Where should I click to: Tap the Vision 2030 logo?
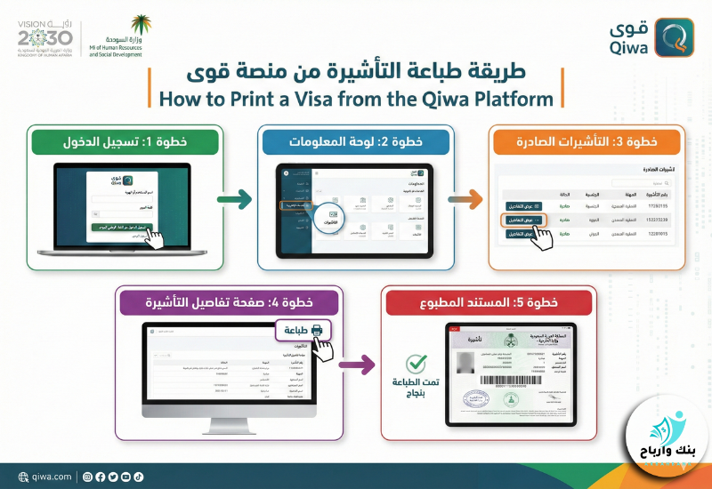44,36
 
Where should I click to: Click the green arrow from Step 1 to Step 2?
235,202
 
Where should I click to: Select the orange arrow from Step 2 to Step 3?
466,202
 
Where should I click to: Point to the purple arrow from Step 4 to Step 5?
356,363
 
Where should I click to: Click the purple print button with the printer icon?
303,331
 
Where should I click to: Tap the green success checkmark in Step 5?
415,364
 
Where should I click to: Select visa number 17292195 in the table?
657,205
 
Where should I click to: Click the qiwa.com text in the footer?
51,477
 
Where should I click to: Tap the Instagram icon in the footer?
87,477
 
